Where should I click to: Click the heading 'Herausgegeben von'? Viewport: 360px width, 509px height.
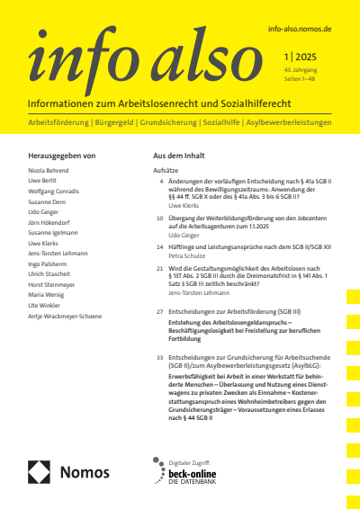(62, 156)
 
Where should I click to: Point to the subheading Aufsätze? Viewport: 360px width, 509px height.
(167, 169)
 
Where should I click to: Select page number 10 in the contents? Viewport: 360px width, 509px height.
(159, 218)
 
